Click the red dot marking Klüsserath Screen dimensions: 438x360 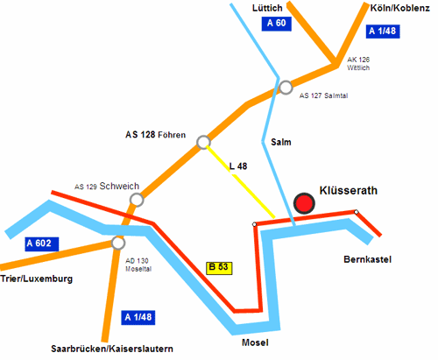pos(304,203)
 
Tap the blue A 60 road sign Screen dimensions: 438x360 pos(277,24)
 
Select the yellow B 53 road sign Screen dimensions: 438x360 pos(219,268)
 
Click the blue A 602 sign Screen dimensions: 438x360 pos(42,244)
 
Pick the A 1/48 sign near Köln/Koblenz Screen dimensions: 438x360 pos(383,31)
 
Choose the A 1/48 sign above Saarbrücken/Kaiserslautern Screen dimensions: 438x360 pos(138,317)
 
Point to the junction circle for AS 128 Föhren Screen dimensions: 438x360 pos(203,142)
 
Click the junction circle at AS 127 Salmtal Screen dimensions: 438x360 pos(286,88)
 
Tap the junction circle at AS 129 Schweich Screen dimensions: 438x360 pos(137,200)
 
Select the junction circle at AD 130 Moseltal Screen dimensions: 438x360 pos(118,243)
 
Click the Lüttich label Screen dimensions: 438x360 pos(267,8)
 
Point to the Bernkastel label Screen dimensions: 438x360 pos(367,259)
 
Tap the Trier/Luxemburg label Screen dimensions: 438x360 pos(36,279)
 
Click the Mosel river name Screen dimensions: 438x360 pos(255,342)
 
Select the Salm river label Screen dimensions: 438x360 pos(281,142)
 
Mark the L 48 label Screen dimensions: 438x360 pos(238,166)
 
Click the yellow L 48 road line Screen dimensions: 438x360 pos(241,181)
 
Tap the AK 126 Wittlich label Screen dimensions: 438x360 pos(358,64)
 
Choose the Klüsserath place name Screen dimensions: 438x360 pos(349,190)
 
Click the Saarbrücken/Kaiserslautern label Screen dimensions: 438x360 pos(112,349)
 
